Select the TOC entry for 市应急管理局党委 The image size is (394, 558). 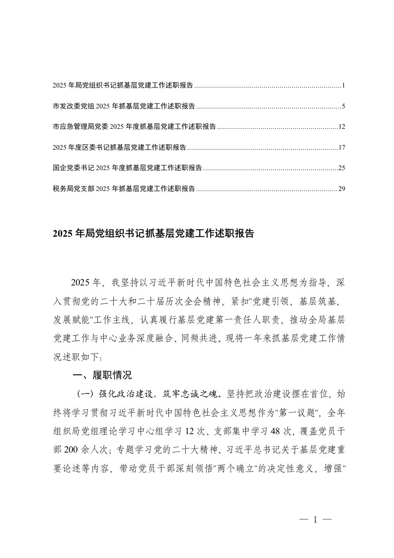tap(134, 127)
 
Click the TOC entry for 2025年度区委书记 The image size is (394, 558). tap(119, 148)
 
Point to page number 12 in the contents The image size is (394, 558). tap(341, 127)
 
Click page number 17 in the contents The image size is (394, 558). tap(341, 148)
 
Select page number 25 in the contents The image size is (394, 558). tap(341, 168)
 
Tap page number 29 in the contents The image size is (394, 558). tap(341, 189)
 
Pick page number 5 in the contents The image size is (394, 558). tap(343, 107)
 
